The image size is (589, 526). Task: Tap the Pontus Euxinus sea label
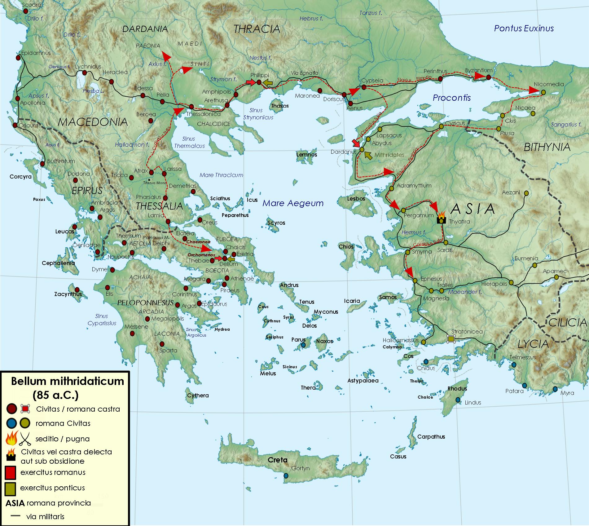click(x=524, y=29)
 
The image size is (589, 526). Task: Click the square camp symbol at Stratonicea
click(x=451, y=339)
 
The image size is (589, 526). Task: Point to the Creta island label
click(x=277, y=460)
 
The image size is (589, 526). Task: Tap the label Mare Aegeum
click(x=293, y=203)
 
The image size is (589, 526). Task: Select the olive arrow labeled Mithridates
click(x=368, y=155)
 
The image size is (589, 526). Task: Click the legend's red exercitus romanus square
click(x=10, y=473)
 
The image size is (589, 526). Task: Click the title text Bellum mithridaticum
click(x=67, y=381)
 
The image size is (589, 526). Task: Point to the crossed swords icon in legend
click(x=25, y=439)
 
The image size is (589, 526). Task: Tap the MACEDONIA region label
click(x=93, y=122)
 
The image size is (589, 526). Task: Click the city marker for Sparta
click(x=162, y=344)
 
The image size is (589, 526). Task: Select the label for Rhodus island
click(x=457, y=388)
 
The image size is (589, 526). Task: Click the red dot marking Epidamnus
click(x=18, y=58)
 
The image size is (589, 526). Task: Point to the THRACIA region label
click(x=257, y=29)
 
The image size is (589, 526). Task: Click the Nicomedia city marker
click(x=543, y=92)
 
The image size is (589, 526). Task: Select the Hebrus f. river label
click(x=311, y=19)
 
